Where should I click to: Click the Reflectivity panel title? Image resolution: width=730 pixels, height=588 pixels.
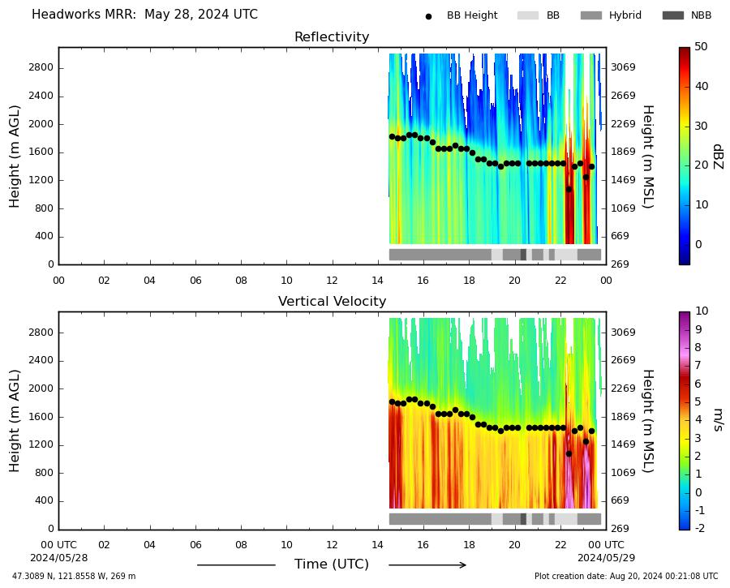click(x=332, y=36)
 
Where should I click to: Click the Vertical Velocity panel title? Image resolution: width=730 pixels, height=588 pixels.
click(x=332, y=301)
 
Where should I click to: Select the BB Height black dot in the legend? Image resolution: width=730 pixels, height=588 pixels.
click(x=428, y=16)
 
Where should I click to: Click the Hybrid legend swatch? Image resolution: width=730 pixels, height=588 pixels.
click(x=591, y=15)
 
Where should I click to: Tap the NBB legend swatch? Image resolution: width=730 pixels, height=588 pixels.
click(x=673, y=15)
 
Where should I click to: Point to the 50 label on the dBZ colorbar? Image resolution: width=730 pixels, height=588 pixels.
click(x=701, y=46)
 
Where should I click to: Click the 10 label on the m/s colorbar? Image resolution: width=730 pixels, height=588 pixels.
click(x=701, y=311)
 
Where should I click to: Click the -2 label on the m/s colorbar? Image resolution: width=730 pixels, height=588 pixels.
click(x=700, y=528)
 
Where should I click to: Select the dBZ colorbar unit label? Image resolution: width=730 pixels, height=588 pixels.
click(x=718, y=157)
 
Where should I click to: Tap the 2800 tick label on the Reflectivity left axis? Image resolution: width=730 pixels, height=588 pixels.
click(x=41, y=67)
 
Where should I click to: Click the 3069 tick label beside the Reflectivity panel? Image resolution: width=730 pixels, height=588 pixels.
click(x=623, y=67)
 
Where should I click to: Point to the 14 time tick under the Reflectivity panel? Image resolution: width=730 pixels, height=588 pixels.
click(x=377, y=281)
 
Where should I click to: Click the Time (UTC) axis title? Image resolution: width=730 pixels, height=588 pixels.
click(x=332, y=564)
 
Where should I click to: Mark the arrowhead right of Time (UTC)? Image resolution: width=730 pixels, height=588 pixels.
click(x=463, y=565)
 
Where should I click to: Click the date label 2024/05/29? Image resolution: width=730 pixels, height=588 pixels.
click(x=606, y=558)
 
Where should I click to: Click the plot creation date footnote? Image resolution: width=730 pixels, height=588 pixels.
click(x=626, y=577)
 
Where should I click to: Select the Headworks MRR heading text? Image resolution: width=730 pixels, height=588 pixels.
click(x=145, y=15)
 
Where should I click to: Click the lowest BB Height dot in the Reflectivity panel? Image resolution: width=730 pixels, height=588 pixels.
click(x=569, y=190)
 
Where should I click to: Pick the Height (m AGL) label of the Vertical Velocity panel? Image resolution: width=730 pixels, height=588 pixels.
click(x=15, y=421)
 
